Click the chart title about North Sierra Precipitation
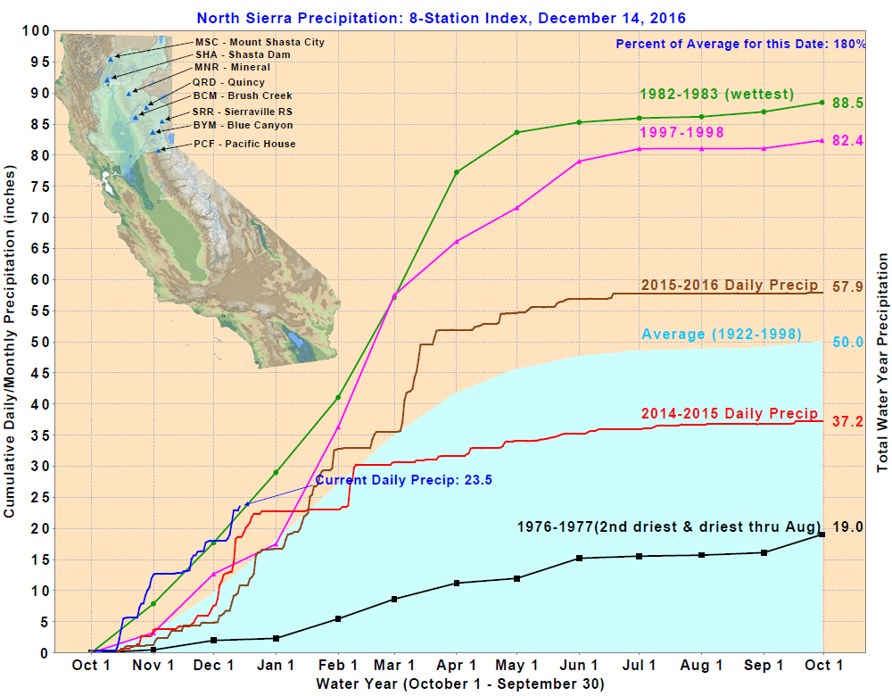pyautogui.click(x=442, y=18)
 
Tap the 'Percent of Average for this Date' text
pyautogui.click(x=740, y=44)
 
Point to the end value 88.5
pyautogui.click(x=847, y=103)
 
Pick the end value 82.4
pyautogui.click(x=847, y=140)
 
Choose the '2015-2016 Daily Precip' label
pyautogui.click(x=730, y=285)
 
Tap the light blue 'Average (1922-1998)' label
pyautogui.click(x=721, y=335)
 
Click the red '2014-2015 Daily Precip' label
pyautogui.click(x=730, y=413)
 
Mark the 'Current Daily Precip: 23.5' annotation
pyautogui.click(x=404, y=480)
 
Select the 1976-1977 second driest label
pyautogui.click(x=669, y=526)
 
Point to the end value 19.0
pyautogui.click(x=847, y=526)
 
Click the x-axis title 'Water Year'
pyautogui.click(x=459, y=684)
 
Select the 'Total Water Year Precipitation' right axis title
pyautogui.click(x=883, y=361)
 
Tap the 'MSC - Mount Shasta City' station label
pyautogui.click(x=260, y=42)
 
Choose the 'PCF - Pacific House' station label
pyautogui.click(x=244, y=144)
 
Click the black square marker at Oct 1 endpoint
pyautogui.click(x=822, y=534)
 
